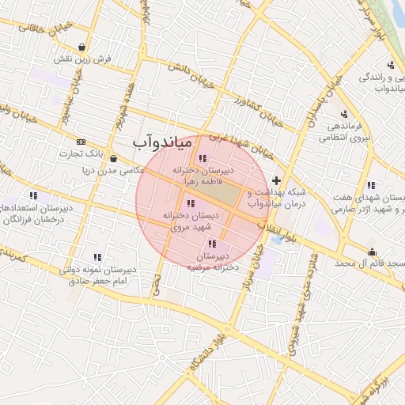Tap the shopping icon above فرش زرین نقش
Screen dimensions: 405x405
coord(83,47)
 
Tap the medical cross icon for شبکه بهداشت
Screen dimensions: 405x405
coord(275,180)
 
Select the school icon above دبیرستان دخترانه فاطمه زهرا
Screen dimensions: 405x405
coord(203,159)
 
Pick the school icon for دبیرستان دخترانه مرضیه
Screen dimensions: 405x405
coord(211,244)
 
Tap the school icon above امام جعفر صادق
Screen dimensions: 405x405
coord(97,257)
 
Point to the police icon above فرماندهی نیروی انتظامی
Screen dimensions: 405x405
coord(344,112)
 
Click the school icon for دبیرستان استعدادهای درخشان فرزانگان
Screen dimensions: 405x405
coord(33,195)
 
